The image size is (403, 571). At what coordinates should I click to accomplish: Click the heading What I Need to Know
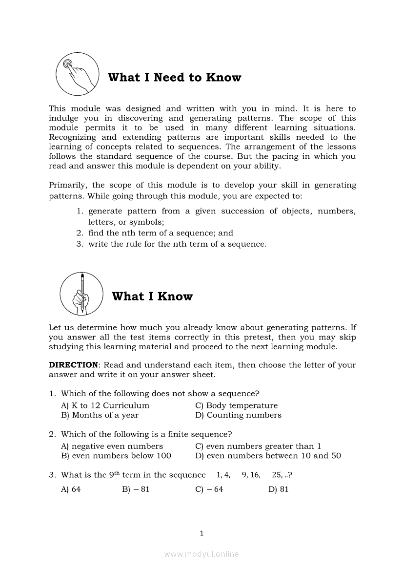[x=174, y=78]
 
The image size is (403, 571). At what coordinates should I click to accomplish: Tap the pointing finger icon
[x=76, y=74]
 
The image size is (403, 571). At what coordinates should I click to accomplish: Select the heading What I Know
[x=152, y=296]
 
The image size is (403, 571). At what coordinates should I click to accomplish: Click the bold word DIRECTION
[x=73, y=365]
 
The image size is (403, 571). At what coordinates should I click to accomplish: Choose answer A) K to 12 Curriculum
[x=105, y=405]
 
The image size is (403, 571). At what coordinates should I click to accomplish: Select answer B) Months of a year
[x=100, y=415]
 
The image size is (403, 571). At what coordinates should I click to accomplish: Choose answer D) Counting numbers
[x=238, y=415]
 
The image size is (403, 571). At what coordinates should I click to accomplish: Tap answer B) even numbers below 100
[x=116, y=456]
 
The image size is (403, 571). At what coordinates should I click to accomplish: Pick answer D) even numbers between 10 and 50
[x=268, y=456]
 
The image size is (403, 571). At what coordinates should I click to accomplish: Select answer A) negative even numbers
[x=112, y=446]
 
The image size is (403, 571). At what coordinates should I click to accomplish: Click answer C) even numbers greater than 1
[x=258, y=446]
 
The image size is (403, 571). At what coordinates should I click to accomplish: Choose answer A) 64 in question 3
[x=71, y=489]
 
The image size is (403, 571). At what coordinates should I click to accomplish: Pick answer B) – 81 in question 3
[x=136, y=489]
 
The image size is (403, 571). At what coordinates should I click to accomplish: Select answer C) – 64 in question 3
[x=209, y=489]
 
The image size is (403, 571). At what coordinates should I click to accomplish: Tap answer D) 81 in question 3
[x=279, y=489]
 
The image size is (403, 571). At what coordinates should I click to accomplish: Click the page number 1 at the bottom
[x=201, y=533]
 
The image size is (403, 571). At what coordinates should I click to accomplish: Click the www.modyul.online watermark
[x=201, y=554]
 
